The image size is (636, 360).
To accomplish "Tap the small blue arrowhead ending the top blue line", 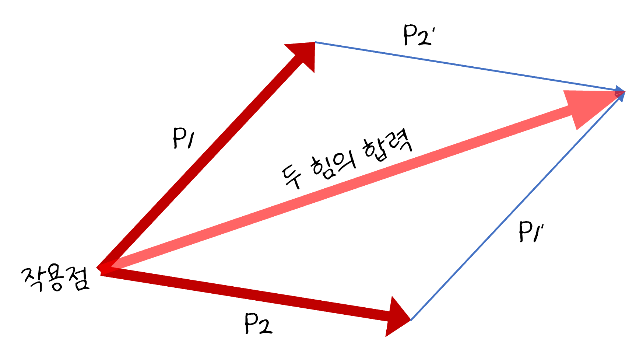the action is [621, 90].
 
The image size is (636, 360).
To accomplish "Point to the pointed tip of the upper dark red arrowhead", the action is [315, 42].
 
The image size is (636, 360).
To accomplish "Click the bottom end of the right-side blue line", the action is [411, 320].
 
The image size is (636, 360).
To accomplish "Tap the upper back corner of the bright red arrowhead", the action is [564, 91].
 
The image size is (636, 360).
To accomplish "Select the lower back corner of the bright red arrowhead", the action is [577, 130].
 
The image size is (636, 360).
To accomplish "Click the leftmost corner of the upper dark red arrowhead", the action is [284, 45].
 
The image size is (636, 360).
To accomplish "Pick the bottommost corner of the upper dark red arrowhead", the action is [314, 73].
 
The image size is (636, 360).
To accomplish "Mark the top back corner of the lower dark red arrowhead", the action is [393, 296].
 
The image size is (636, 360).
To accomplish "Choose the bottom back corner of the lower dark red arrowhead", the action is [386, 336].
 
